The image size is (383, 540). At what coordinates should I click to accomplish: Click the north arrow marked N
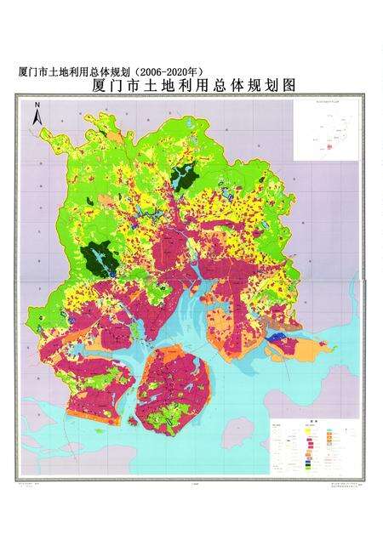tap(37, 114)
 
